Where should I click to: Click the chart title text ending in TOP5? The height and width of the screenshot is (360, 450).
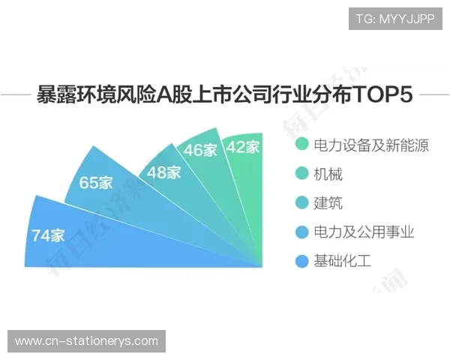[225, 95]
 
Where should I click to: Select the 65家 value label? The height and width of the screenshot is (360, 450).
[97, 182]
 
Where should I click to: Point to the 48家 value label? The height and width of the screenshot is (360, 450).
[163, 172]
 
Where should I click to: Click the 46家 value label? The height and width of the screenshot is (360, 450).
[200, 150]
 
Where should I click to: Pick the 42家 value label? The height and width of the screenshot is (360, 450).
[242, 147]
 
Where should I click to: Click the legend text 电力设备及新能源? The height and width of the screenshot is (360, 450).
[371, 145]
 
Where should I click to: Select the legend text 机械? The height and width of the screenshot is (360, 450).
[328, 174]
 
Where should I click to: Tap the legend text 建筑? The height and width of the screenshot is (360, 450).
[328, 203]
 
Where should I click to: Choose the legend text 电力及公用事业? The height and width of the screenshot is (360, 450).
[364, 232]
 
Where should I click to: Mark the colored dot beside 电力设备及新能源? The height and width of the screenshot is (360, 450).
[301, 145]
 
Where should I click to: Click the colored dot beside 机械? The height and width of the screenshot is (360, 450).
[301, 174]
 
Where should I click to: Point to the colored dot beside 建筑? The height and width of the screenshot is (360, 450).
[301, 203]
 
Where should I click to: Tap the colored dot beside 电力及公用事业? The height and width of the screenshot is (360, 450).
[301, 232]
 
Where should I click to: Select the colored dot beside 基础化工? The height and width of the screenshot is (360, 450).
[301, 261]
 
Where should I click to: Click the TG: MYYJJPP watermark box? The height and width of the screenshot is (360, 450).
[395, 19]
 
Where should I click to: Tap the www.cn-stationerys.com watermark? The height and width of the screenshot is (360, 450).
[87, 341]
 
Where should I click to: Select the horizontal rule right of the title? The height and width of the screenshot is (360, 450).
[433, 95]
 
